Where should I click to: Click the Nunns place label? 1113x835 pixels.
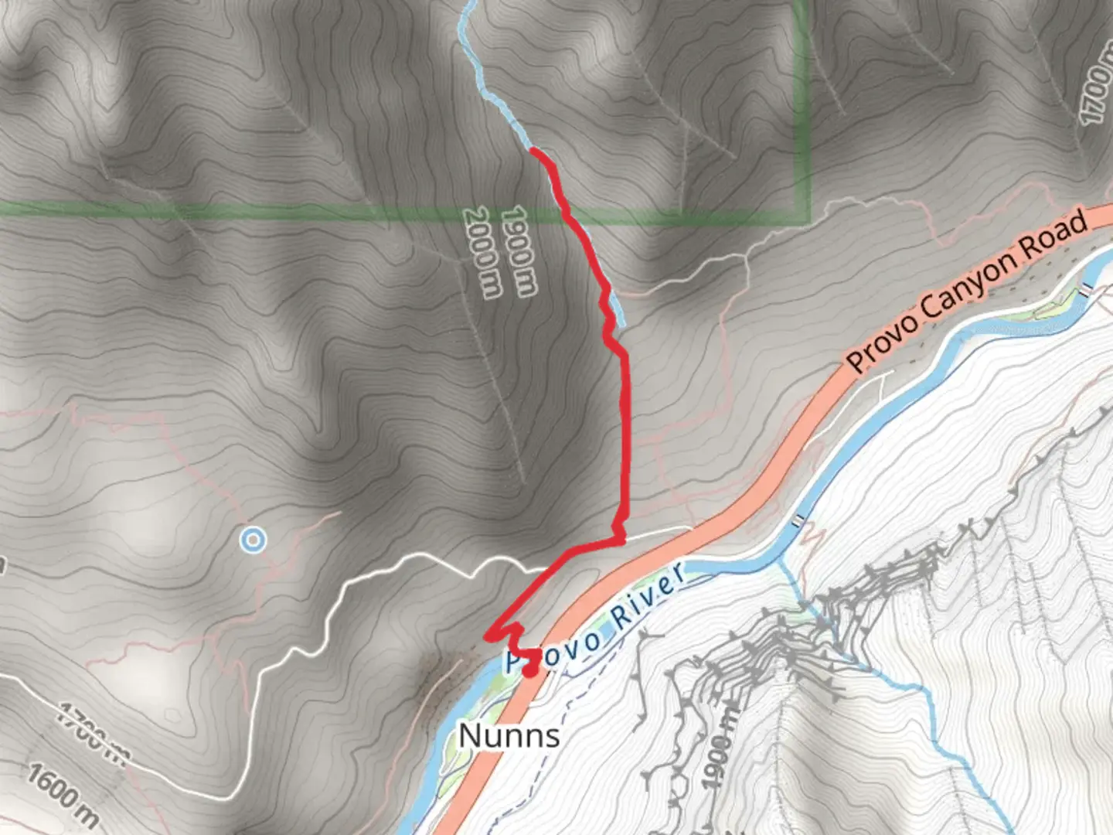(x=509, y=735)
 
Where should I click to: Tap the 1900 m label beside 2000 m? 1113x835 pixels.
(x=519, y=251)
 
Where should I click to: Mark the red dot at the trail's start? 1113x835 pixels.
(x=529, y=670)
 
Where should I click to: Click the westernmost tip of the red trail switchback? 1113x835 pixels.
(x=487, y=636)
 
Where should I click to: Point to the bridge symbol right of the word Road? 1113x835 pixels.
(x=1087, y=290)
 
